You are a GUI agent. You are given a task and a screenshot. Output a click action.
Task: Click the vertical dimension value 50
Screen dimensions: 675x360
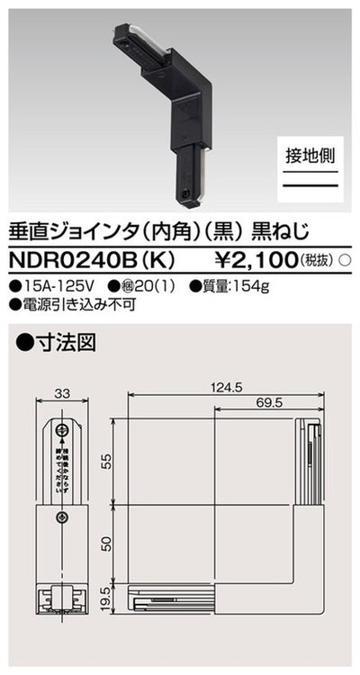tap(106, 544)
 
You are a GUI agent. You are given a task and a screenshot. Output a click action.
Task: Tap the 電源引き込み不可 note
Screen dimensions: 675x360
tap(67, 304)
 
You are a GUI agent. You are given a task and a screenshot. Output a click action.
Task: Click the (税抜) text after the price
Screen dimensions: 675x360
tap(314, 260)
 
